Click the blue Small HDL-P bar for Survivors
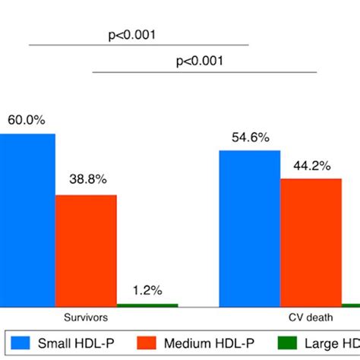click(27, 219)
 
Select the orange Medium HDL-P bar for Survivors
click(86, 250)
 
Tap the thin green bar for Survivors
click(147, 305)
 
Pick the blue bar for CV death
click(249, 228)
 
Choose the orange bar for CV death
click(311, 242)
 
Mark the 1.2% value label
click(147, 289)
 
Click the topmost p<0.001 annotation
click(132, 33)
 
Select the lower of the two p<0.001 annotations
click(199, 62)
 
